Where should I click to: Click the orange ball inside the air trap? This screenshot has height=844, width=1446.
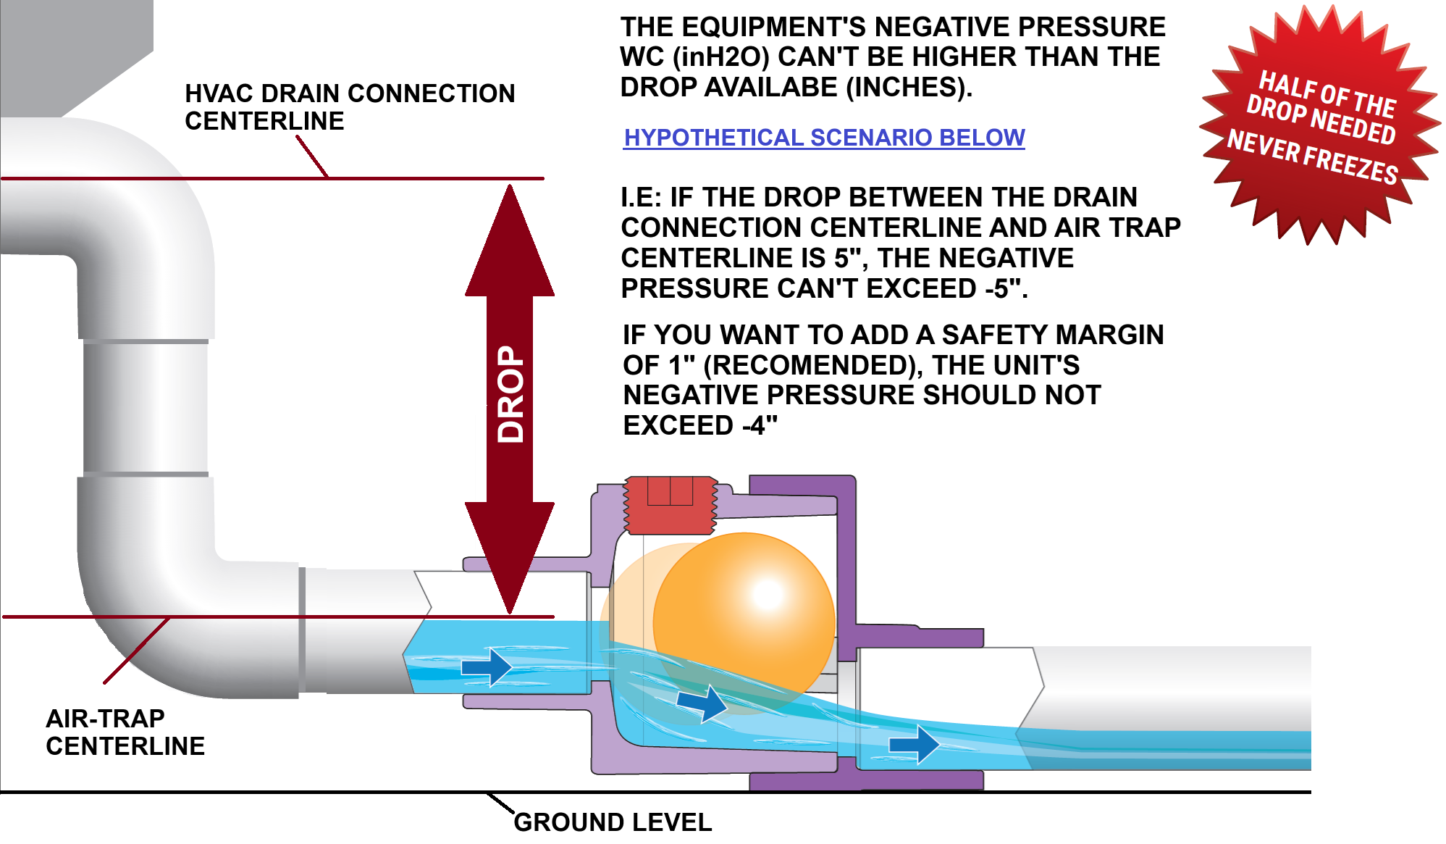click(x=744, y=623)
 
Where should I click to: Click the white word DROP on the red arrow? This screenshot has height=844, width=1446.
click(x=510, y=394)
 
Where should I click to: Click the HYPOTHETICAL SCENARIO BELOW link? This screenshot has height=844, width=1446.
click(x=824, y=138)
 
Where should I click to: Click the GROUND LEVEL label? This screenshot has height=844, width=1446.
click(x=613, y=822)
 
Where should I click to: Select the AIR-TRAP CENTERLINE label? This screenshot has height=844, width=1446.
click(x=125, y=732)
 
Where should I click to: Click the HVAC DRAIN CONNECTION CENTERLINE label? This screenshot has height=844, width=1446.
click(x=349, y=106)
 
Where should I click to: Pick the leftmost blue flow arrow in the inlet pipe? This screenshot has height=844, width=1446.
click(x=487, y=667)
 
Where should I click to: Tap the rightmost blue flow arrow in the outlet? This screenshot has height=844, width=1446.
click(x=914, y=744)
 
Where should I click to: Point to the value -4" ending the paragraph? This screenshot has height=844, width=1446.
click(x=760, y=426)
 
